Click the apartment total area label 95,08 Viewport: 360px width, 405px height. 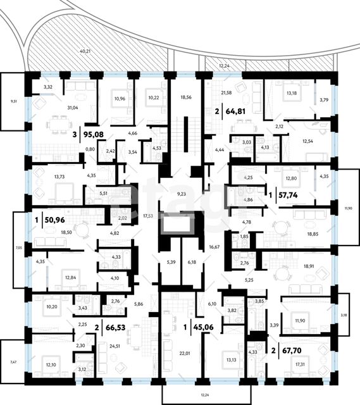click(x=94, y=134)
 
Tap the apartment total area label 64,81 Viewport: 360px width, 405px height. click(x=235, y=111)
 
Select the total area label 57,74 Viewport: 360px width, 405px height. click(x=288, y=195)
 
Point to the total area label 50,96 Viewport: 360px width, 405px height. click(x=55, y=220)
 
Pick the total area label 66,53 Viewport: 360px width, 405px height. click(x=116, y=328)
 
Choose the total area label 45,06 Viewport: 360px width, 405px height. click(x=204, y=327)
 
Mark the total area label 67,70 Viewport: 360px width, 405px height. click(x=291, y=351)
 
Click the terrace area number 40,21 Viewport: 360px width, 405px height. click(x=85, y=51)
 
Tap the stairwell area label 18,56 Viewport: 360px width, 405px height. click(x=186, y=97)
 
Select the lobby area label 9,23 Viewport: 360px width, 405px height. click(x=182, y=194)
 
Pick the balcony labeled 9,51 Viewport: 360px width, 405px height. click(x=13, y=102)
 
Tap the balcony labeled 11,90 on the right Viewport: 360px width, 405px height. click(x=349, y=207)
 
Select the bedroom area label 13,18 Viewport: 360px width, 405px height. click(x=292, y=93)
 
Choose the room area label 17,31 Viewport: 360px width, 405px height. click(x=300, y=364)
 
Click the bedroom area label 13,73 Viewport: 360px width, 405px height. click(x=59, y=177)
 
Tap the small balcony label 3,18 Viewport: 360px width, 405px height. click(x=343, y=315)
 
